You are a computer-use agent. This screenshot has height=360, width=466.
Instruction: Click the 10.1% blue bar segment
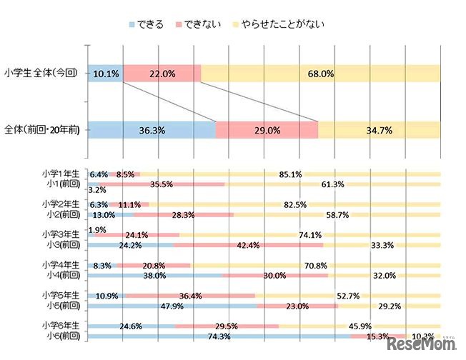coord(105,73)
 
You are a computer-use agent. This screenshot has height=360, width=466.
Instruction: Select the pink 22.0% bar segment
coord(162,73)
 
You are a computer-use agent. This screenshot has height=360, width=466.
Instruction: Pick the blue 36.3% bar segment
coord(152,130)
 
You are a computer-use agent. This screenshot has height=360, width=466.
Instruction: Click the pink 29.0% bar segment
coord(267,130)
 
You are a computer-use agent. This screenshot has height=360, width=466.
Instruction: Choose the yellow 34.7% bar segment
coord(379,130)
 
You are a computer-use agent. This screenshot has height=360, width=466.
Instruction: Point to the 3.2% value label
coord(97,191)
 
